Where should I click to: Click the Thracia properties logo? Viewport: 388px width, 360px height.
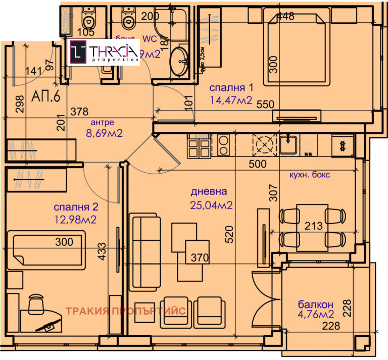104,53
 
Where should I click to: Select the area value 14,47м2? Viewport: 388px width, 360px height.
231,100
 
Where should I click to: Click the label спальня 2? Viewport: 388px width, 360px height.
75,207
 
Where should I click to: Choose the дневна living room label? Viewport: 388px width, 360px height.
209,192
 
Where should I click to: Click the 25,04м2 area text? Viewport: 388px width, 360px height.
211,205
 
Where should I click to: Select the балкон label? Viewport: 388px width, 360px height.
315,304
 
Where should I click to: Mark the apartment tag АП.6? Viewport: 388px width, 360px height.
46,96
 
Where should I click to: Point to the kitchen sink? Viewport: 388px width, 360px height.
288,145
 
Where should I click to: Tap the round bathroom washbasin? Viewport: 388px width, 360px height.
178,63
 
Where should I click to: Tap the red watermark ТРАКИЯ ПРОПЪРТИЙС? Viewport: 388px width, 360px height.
126,311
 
